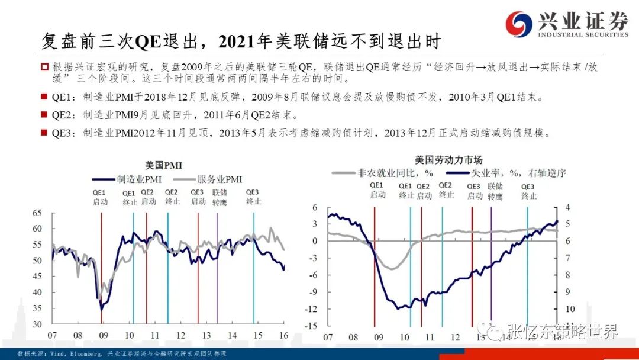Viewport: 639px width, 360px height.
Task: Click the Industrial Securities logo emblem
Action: (518, 24)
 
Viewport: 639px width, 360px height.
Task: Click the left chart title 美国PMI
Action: (163, 165)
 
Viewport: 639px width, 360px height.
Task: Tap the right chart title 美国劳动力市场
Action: (448, 160)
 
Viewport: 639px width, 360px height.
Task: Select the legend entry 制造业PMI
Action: (127, 179)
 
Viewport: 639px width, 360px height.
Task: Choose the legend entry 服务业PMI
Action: (208, 179)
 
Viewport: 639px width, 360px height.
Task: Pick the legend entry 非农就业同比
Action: (382, 173)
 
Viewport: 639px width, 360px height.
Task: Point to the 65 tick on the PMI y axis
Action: (37, 213)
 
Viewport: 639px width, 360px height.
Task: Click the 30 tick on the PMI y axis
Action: (37, 324)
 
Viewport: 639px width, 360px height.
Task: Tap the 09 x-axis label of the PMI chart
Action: (104, 335)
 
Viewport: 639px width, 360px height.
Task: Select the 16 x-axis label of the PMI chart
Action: (283, 335)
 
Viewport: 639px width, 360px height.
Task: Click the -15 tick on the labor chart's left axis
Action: (311, 326)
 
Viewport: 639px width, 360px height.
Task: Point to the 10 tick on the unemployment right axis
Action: (570, 309)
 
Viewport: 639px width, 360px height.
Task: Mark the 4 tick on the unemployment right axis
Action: (567, 207)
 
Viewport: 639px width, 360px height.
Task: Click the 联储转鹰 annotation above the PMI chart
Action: (220, 197)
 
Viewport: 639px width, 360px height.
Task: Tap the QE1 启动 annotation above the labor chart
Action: (377, 191)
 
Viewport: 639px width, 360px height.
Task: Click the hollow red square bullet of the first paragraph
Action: (44, 67)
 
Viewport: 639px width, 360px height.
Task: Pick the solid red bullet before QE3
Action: (44, 133)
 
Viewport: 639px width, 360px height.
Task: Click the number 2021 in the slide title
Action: (234, 41)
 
